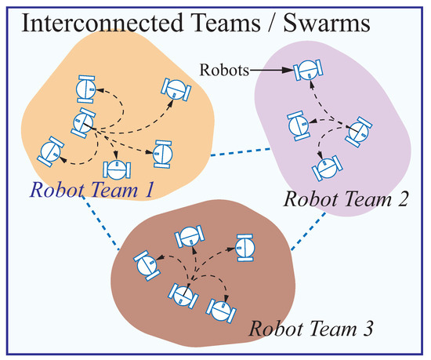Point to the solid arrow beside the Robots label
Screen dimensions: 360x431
click(x=270, y=71)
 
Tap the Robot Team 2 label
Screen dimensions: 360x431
click(x=345, y=198)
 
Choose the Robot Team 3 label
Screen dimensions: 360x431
click(x=311, y=328)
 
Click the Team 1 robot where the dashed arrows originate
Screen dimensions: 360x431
click(x=83, y=122)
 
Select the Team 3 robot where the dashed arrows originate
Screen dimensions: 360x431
click(x=183, y=295)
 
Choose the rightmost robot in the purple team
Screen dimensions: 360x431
click(x=359, y=131)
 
